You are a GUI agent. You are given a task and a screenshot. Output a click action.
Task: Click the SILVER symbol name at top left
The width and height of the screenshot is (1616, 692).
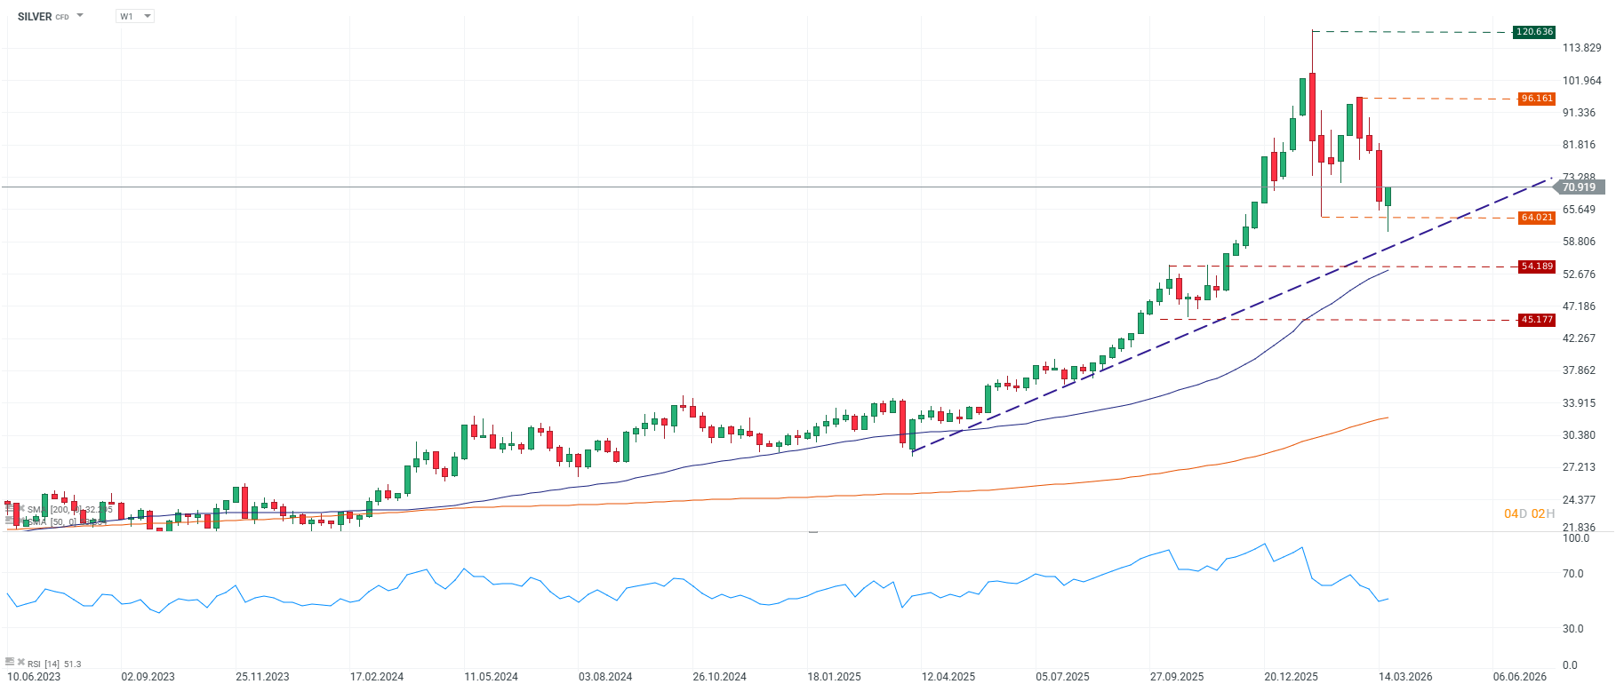click(x=36, y=17)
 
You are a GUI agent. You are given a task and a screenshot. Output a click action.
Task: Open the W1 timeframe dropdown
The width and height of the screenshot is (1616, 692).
click(x=135, y=16)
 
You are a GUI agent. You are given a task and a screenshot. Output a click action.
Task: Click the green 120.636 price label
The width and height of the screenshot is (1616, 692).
click(x=1534, y=32)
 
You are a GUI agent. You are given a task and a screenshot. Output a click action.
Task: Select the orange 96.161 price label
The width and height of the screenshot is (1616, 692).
click(x=1537, y=99)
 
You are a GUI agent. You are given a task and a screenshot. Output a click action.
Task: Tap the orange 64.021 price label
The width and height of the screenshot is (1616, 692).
click(x=1537, y=218)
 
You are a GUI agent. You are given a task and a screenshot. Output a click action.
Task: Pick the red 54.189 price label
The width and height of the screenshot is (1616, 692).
click(x=1537, y=266)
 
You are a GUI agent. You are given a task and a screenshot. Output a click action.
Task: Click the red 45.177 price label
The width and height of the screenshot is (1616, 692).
click(x=1537, y=320)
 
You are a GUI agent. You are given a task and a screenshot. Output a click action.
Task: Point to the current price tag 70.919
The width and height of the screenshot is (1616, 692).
click(x=1579, y=187)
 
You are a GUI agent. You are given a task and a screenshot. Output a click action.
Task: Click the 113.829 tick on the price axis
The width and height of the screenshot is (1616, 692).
click(x=1581, y=48)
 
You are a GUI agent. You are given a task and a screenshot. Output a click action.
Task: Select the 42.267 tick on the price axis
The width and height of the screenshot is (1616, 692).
click(x=1579, y=338)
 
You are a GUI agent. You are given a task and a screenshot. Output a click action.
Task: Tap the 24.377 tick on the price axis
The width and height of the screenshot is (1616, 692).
click(x=1579, y=500)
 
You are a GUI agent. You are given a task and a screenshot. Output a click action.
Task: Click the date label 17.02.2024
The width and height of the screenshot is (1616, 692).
click(x=377, y=677)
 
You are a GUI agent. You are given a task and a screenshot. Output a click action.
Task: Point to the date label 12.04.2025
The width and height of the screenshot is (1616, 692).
click(x=948, y=677)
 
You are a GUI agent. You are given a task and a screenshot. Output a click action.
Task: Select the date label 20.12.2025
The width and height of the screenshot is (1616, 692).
click(x=1291, y=677)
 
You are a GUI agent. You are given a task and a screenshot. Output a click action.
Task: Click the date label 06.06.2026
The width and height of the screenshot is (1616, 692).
click(x=1520, y=677)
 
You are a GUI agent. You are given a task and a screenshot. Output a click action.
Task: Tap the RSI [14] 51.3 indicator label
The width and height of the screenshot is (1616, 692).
click(x=53, y=664)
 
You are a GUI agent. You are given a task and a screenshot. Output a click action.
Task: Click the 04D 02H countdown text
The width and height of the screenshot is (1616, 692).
click(x=1529, y=514)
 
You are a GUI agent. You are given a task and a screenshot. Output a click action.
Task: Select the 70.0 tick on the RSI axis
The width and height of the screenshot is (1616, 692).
click(x=1573, y=574)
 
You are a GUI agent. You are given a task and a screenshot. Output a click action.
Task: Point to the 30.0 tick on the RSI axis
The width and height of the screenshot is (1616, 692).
click(x=1573, y=629)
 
